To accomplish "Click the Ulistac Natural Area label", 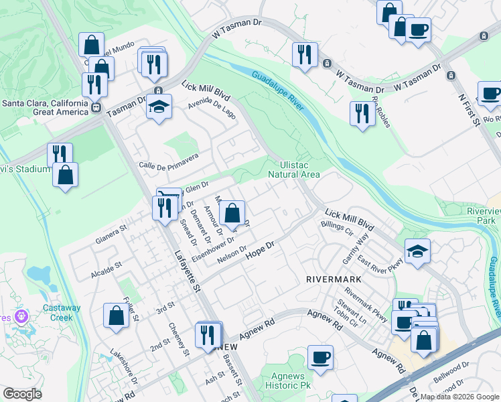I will click(294, 170).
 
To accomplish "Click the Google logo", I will click(23, 394).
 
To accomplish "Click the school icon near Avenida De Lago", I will click(159, 107).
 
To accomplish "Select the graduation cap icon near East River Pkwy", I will click(417, 251).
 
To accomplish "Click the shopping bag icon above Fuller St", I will click(116, 315).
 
